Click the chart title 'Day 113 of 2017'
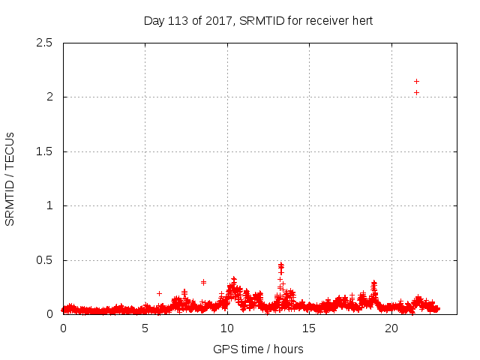click(187, 21)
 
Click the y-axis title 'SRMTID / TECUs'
click(10, 178)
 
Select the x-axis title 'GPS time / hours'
click(258, 349)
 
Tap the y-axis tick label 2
click(49, 97)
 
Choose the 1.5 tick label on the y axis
click(46, 151)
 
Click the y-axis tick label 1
click(49, 205)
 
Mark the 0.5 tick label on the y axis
click(46, 260)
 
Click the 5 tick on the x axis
click(145, 328)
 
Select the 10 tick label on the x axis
click(227, 328)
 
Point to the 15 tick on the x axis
click(309, 328)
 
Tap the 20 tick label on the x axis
click(391, 328)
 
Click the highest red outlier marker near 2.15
click(416, 81)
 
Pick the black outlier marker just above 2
click(416, 93)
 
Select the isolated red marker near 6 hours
click(159, 293)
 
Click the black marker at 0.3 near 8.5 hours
click(203, 282)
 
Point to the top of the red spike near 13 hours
click(281, 264)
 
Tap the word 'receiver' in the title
click(323, 21)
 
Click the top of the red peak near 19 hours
click(373, 283)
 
